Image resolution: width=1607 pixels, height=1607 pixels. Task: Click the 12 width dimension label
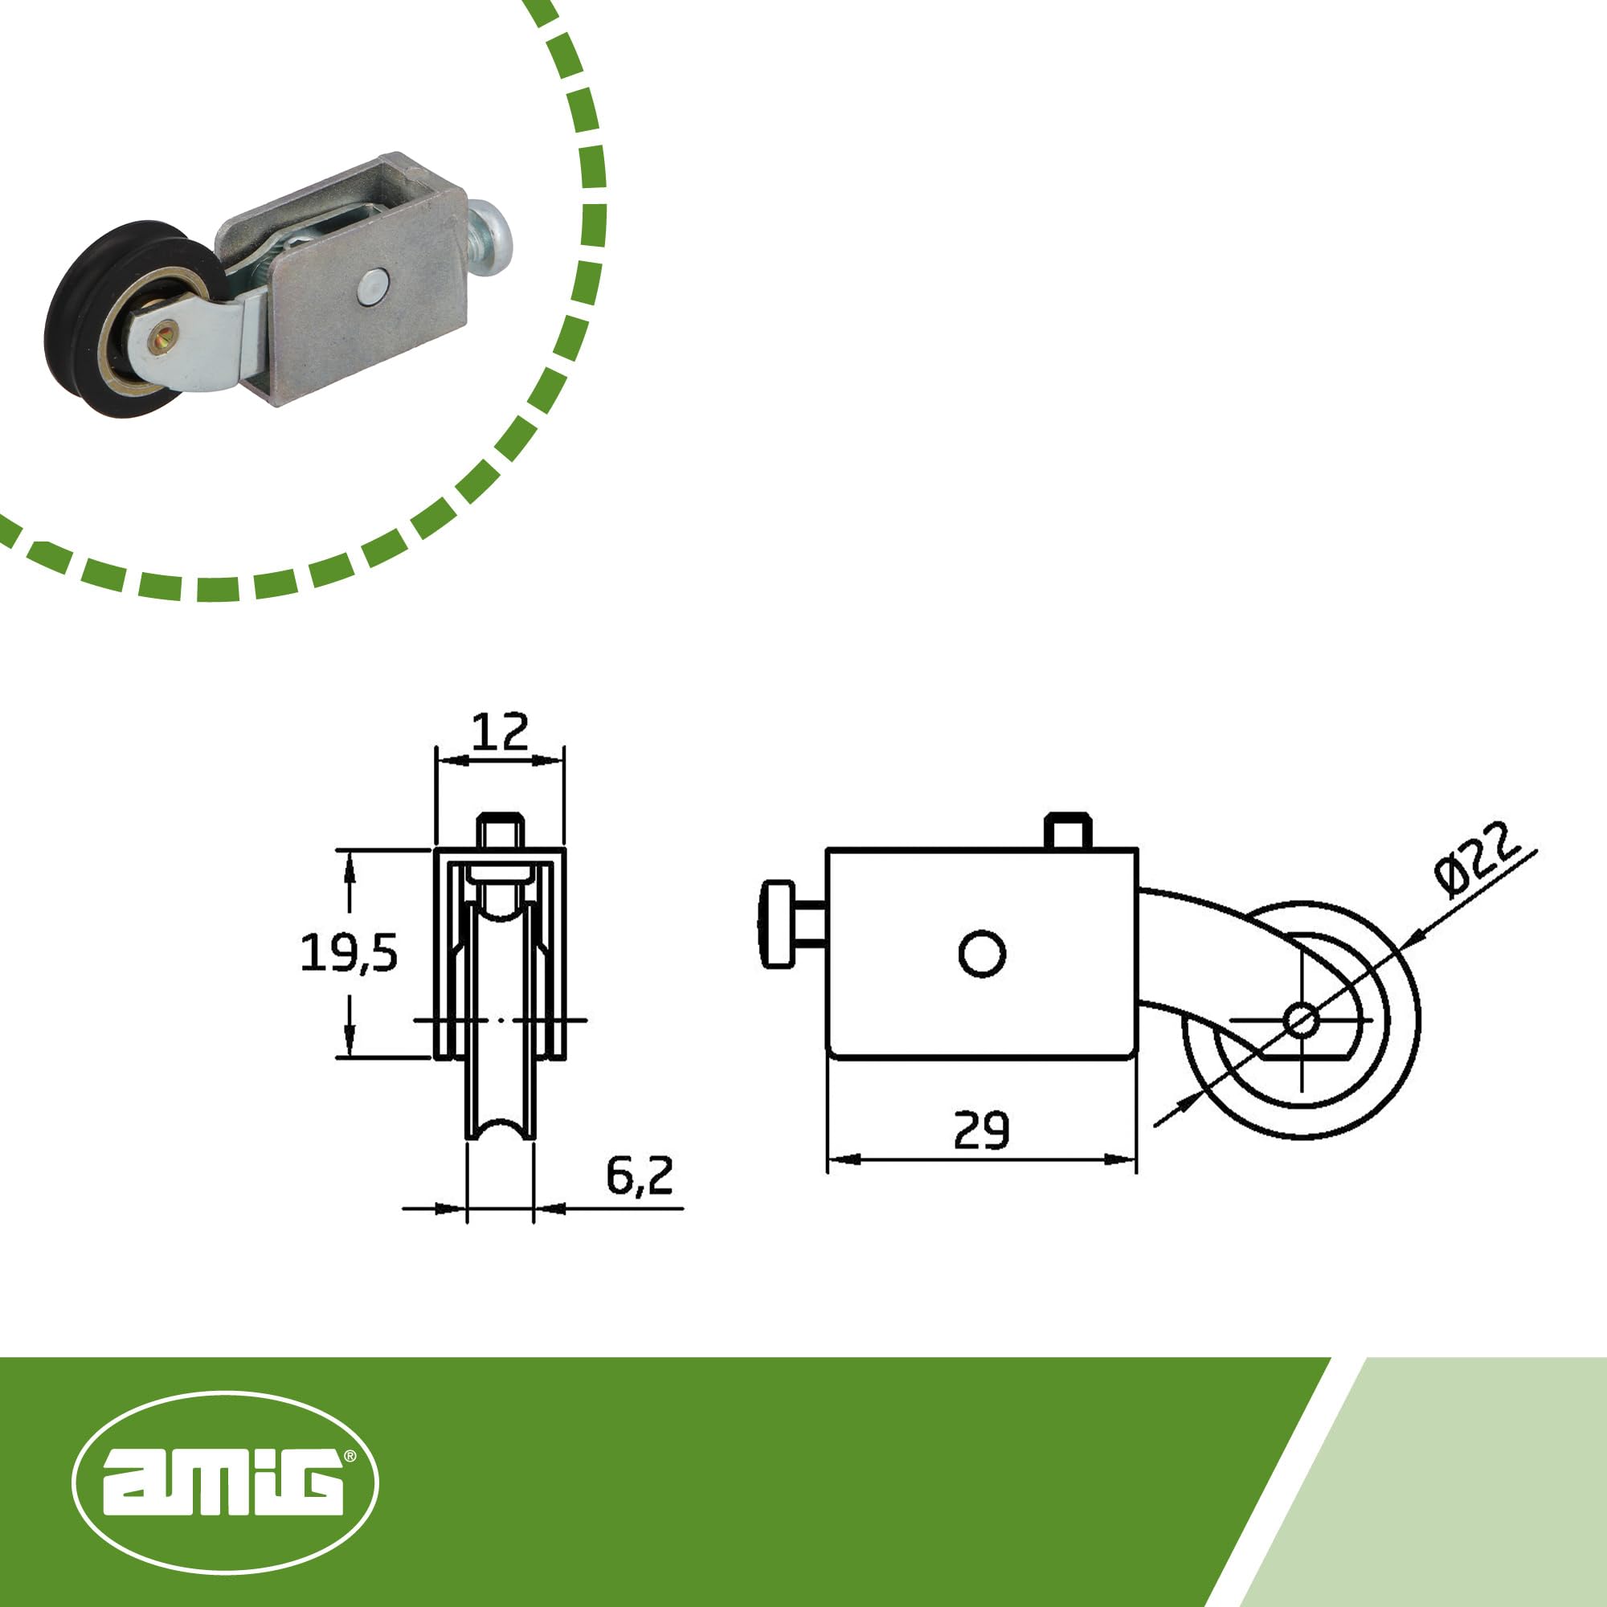[500, 732]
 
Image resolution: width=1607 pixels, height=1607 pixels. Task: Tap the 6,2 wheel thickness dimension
[639, 1176]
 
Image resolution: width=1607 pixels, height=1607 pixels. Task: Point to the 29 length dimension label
[982, 1131]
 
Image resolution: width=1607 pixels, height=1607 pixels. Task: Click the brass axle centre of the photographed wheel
[162, 338]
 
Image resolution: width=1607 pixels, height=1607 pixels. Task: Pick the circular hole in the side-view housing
[982, 953]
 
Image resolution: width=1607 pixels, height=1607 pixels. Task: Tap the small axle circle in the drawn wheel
[1300, 1019]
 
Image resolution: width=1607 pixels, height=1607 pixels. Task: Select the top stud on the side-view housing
[1067, 830]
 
